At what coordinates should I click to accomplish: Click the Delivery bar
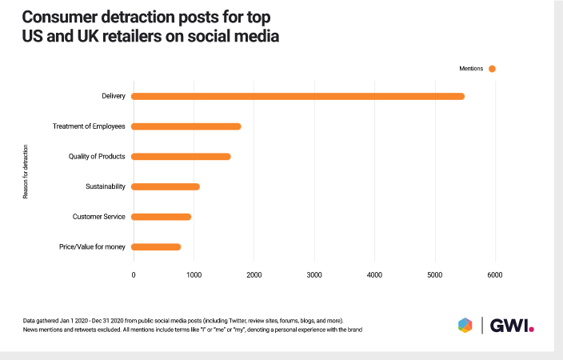tap(297, 97)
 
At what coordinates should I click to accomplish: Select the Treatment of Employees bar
tap(186, 126)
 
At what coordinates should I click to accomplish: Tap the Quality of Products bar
tap(181, 157)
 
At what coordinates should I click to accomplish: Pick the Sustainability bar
tap(165, 186)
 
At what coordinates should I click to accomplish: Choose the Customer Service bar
tap(161, 217)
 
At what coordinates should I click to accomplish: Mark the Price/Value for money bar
tap(156, 247)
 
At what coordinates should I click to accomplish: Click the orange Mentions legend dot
tap(492, 69)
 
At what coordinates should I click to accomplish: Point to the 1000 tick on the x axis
tap(193, 275)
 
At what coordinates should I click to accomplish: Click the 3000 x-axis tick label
tap(314, 275)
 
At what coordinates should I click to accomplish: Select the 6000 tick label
tap(495, 275)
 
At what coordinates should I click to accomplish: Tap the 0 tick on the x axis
tap(134, 275)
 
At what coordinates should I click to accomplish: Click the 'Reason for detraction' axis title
tap(26, 171)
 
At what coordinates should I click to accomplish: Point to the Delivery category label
tap(114, 97)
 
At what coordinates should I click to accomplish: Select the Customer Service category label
tap(99, 217)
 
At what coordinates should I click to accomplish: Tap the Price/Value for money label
tap(93, 247)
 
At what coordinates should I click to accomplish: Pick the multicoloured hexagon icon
tap(465, 324)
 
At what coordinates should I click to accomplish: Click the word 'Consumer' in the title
tap(66, 18)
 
